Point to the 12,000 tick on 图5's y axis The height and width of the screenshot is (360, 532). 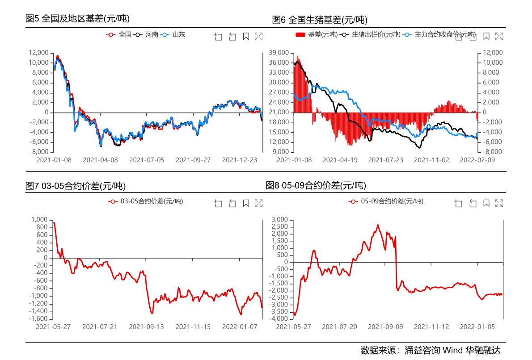(38, 53)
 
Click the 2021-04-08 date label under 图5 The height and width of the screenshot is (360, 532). (100, 160)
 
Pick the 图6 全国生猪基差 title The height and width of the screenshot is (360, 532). (320, 20)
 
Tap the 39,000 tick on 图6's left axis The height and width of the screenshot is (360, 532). (279, 53)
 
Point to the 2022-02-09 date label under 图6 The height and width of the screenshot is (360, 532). (477, 160)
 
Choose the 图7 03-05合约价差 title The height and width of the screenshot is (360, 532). (75, 186)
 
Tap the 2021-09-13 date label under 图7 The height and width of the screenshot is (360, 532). (147, 327)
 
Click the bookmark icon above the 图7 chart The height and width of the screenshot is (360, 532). (245, 204)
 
